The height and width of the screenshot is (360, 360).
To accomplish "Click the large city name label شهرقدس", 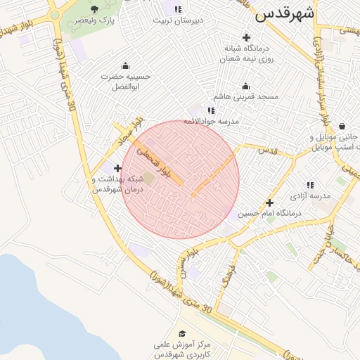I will [x=285, y=13].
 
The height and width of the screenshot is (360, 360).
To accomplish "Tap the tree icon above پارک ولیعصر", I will [x=95, y=9].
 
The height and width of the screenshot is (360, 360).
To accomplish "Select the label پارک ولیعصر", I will [x=95, y=21].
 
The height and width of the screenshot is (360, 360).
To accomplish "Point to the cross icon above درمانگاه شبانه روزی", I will [x=246, y=37].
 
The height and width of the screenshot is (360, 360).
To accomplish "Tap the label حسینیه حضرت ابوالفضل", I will [x=125, y=81].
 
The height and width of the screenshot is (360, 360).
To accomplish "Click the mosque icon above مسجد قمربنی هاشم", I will [x=245, y=86].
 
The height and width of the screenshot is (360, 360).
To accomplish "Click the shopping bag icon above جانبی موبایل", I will [x=342, y=127].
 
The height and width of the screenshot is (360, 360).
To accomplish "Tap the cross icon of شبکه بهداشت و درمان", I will [x=117, y=168].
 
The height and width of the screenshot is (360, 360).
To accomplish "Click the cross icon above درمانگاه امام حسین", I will [x=269, y=202].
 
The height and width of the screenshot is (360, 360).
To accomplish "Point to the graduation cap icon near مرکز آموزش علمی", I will [x=182, y=334].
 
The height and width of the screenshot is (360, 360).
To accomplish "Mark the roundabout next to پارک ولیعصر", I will [x=55, y=15].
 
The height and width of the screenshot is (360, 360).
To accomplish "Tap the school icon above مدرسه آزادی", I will [x=309, y=184].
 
